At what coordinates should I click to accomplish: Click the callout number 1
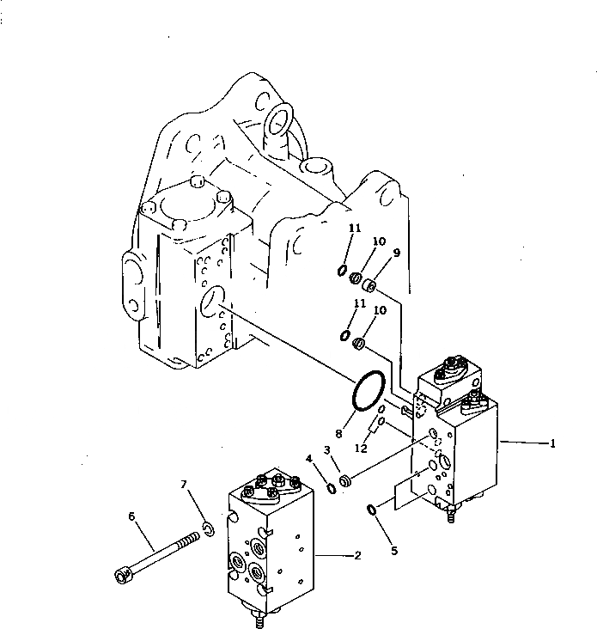(554, 443)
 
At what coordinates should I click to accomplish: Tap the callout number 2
(357, 555)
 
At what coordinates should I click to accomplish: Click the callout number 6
(132, 516)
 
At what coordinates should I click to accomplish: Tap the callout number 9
(398, 253)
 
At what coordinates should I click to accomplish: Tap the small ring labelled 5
(371, 510)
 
